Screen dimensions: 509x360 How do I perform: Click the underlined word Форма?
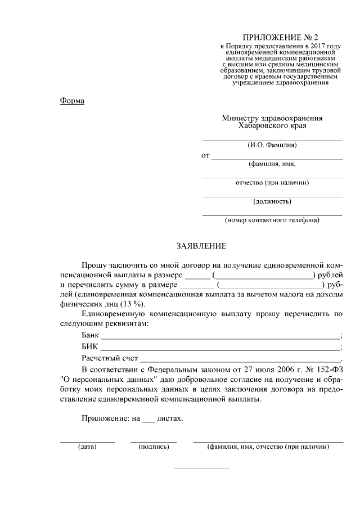(x=71, y=101)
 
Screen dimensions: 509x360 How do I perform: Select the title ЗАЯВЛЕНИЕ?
(x=201, y=246)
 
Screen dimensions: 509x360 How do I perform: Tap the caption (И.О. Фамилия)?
(x=272, y=145)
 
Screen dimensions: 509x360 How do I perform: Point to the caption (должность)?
(x=272, y=201)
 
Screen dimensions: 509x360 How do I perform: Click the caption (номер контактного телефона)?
(x=272, y=220)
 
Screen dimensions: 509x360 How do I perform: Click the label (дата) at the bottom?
(x=87, y=447)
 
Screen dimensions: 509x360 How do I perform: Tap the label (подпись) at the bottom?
(x=154, y=447)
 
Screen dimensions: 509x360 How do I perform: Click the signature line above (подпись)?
(x=154, y=442)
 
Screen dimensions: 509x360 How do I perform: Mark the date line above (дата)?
(x=87, y=442)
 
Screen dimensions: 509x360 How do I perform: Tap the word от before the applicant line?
(x=205, y=155)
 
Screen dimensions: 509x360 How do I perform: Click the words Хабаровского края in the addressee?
(x=272, y=127)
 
